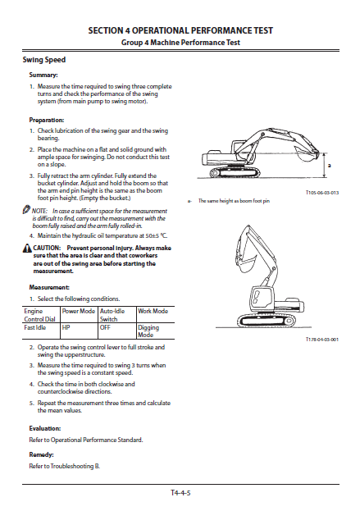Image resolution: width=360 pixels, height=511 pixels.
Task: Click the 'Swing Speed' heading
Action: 44,60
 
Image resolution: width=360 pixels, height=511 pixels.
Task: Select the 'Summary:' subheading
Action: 43,75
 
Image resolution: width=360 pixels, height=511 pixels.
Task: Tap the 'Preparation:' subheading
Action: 47,120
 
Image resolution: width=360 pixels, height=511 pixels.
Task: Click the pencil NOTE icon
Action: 26,209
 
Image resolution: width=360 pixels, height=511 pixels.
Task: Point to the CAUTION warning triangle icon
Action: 27,249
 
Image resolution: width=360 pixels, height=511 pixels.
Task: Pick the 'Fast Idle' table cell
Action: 35,327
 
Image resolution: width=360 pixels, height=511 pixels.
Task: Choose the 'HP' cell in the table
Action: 66,327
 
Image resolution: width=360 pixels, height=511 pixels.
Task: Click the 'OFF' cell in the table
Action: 105,327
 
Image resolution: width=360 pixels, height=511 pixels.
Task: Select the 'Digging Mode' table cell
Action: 148,331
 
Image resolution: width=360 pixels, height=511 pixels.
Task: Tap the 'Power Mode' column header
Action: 79,311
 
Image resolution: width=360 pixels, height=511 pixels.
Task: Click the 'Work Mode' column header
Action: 153,311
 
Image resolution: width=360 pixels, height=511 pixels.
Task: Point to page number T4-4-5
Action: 180,493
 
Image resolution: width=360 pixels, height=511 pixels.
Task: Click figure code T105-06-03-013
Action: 322,193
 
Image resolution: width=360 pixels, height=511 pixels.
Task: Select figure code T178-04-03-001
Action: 322,340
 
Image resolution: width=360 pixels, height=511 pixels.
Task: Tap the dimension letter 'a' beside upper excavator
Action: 330,166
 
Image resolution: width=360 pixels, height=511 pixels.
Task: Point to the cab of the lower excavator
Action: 261,299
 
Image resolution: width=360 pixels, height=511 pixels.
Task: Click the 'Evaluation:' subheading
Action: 45,428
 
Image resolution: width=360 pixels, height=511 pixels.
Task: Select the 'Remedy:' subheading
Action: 41,454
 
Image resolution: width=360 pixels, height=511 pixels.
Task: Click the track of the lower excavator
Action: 266,321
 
